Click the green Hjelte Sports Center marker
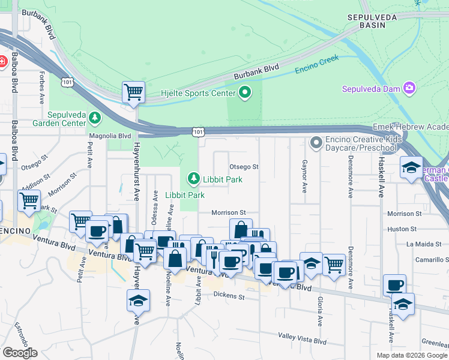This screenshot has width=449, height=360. (244, 92)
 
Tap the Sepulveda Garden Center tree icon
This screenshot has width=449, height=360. (95, 116)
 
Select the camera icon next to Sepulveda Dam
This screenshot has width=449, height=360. (409, 89)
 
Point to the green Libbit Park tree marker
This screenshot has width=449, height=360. (193, 178)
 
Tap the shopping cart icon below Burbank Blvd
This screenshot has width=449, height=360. (133, 92)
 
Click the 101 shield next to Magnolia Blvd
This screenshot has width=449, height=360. (198, 131)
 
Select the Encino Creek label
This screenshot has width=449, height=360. (316, 64)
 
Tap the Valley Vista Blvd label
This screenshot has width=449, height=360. (302, 340)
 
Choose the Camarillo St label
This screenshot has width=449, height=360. (427, 260)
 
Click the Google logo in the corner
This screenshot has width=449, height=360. (20, 352)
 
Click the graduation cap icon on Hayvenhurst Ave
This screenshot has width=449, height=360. (138, 301)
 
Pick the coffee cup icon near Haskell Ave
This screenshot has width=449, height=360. (394, 286)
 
